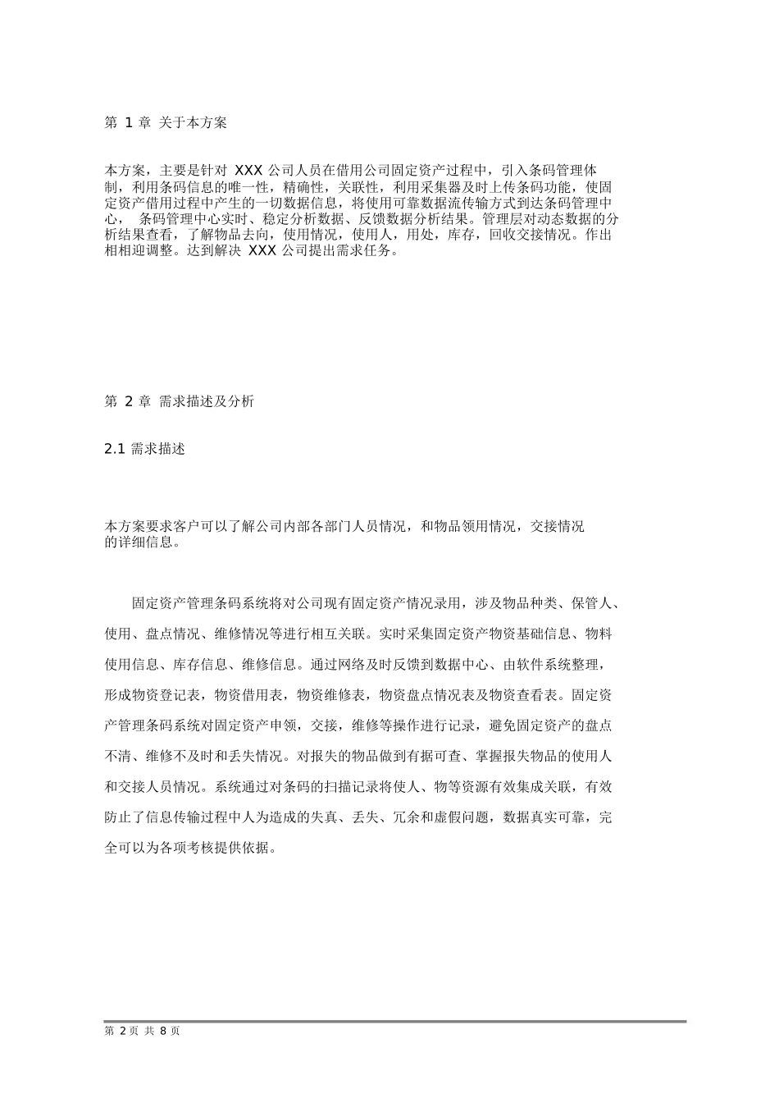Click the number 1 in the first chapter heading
pos(129,123)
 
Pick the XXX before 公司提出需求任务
pos(262,251)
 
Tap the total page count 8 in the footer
pos(163,1031)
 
